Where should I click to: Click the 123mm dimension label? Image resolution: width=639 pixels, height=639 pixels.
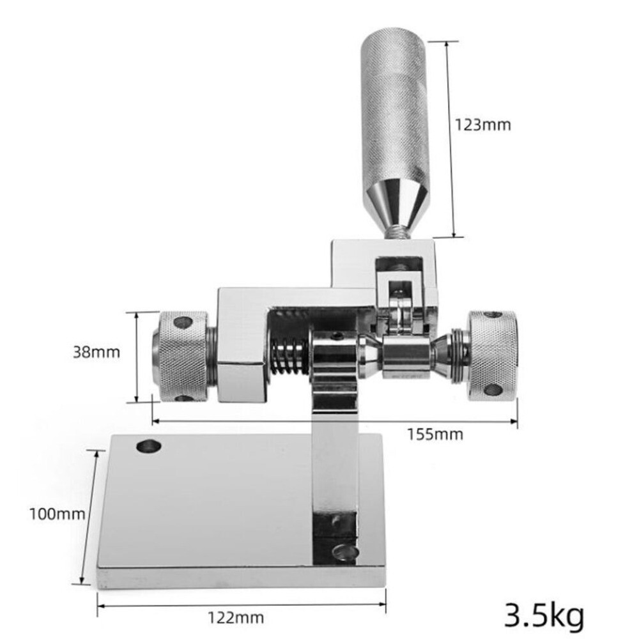(482, 125)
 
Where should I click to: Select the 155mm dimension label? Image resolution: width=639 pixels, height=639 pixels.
(435, 435)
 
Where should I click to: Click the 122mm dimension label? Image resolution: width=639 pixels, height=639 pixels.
(235, 618)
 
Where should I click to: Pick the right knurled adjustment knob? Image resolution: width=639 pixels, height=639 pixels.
(493, 356)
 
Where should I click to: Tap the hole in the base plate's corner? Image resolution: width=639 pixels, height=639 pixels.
(149, 445)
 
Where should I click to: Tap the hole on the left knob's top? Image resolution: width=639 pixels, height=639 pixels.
(183, 322)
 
